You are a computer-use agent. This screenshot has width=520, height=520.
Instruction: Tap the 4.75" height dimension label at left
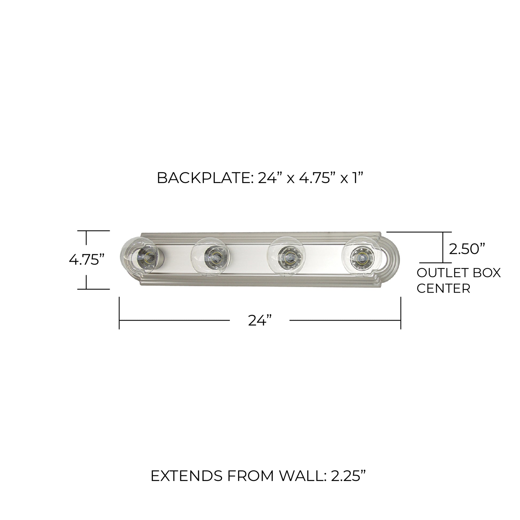pos(87,260)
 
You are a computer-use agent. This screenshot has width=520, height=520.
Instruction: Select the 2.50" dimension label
pos(467,249)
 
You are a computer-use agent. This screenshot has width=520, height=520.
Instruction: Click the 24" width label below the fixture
pos(260,321)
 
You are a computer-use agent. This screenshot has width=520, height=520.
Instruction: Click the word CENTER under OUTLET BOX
pos(443,289)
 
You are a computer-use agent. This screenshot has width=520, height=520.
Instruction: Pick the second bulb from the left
pos(210,257)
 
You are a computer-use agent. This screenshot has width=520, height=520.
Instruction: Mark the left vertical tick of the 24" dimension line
pos(119,313)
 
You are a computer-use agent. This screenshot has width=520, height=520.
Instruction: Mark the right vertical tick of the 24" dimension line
pos(401,313)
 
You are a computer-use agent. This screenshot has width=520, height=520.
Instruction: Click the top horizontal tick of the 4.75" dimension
pos(94,231)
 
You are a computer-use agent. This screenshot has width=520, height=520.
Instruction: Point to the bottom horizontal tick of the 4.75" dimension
pos(94,289)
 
